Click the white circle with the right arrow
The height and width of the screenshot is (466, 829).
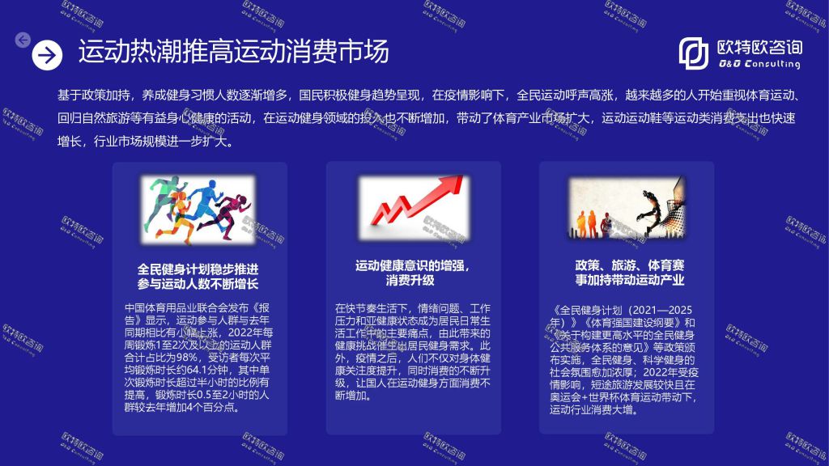click(47, 55)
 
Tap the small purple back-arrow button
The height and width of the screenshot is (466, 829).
click(23, 40)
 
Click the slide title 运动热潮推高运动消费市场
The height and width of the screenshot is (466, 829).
click(234, 51)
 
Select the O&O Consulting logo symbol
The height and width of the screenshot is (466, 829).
click(694, 53)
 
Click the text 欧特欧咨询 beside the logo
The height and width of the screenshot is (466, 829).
click(759, 47)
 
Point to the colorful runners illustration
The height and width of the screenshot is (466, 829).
click(198, 210)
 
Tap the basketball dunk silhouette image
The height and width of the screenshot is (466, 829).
click(627, 208)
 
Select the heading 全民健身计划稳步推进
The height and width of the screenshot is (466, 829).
click(198, 269)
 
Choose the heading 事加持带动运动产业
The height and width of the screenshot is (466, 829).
click(630, 280)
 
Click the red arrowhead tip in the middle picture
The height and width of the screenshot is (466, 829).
click(463, 176)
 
